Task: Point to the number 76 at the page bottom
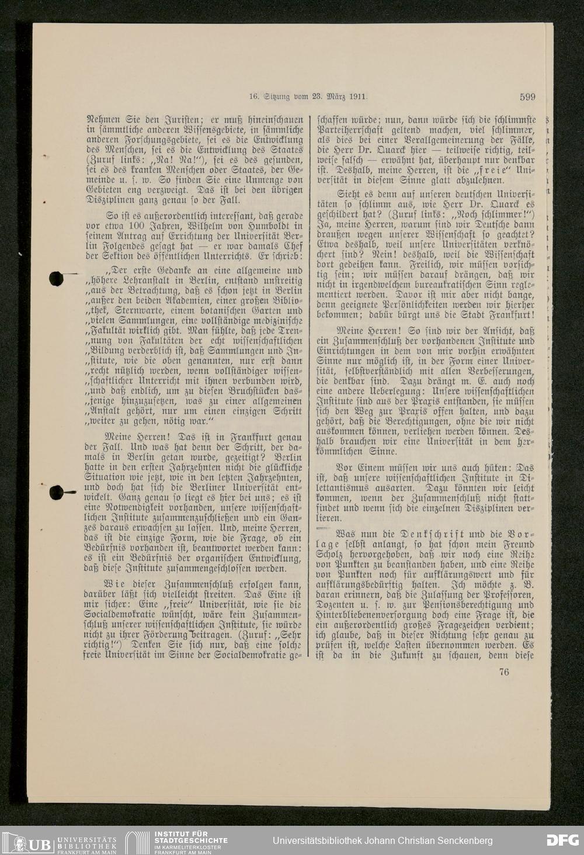pos(504,672)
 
